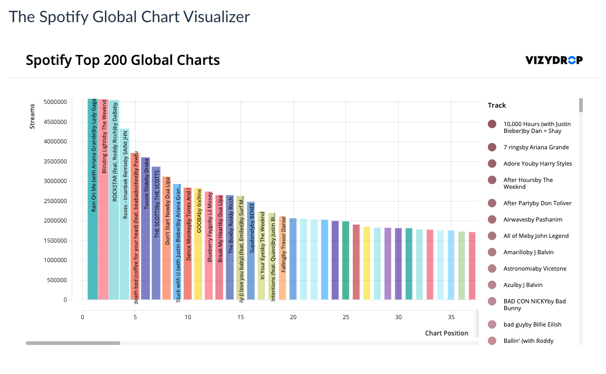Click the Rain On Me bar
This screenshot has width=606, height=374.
[93, 200]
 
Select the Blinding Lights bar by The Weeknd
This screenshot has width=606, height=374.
[103, 200]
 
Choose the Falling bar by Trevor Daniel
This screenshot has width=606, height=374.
[283, 258]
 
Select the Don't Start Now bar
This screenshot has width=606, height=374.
[167, 238]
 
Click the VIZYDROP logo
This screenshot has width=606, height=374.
[554, 60]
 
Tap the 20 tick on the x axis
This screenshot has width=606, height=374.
[293, 317]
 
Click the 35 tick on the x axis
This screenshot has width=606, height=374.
[451, 317]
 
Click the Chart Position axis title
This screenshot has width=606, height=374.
[446, 333]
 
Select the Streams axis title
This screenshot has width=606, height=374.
[32, 117]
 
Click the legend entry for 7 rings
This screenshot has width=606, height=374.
[536, 147]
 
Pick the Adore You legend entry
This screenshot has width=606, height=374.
[537, 164]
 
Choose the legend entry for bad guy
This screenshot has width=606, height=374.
[532, 324]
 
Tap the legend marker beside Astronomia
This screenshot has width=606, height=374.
[492, 268]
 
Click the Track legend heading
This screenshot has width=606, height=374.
[497, 105]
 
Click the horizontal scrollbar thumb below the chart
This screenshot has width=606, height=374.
[73, 343]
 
